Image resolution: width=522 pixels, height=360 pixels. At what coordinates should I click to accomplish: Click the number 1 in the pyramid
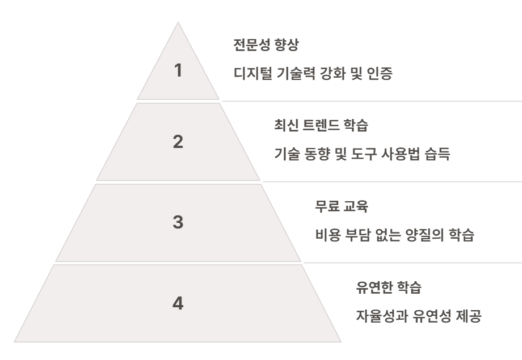(178, 71)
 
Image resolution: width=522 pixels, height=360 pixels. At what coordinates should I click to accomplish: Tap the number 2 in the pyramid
(178, 142)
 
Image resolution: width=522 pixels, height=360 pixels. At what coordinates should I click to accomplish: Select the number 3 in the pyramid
(178, 223)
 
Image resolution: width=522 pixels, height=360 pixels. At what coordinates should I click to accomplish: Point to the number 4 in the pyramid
(178, 303)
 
